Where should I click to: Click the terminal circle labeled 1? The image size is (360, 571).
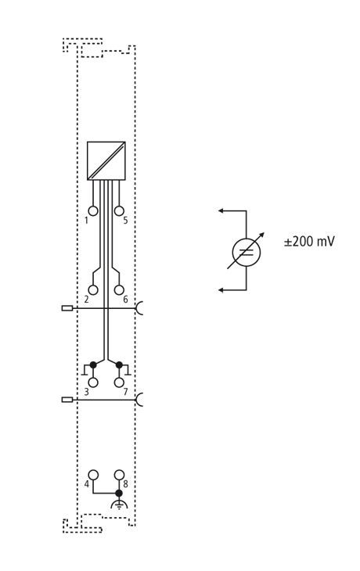(x=93, y=210)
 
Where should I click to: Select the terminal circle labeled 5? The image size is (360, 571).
(x=119, y=210)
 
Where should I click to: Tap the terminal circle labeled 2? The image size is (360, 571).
(x=93, y=290)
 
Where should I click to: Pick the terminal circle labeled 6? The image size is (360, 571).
(x=119, y=290)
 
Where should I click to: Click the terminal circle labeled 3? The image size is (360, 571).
(x=93, y=382)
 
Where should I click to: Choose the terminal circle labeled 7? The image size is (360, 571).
(x=119, y=382)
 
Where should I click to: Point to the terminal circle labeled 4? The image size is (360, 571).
(x=93, y=475)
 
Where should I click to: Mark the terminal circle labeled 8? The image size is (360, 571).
(x=119, y=475)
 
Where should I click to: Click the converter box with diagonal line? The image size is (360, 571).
(x=106, y=160)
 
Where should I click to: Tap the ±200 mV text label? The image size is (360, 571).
(x=309, y=242)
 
